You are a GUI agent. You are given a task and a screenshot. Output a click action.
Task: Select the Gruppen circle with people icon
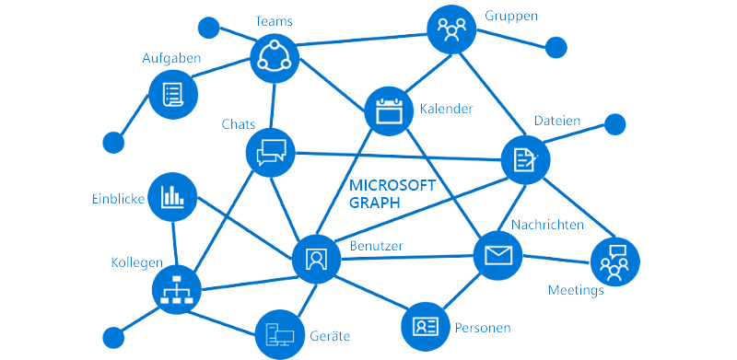pyautogui.click(x=451, y=29)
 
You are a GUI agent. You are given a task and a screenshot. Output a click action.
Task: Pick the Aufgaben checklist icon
pyautogui.click(x=173, y=94)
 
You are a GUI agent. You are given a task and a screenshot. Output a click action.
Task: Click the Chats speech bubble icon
pyautogui.click(x=271, y=151)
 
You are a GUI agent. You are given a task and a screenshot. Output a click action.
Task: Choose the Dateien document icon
pyautogui.click(x=525, y=160)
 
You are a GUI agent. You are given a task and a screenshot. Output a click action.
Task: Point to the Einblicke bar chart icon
pyautogui.click(x=172, y=196)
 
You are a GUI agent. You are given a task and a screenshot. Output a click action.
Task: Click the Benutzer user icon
pyautogui.click(x=316, y=258)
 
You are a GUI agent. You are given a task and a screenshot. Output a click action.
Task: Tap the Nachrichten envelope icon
pyautogui.click(x=497, y=255)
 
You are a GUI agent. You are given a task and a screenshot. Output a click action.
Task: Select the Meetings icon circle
pyautogui.click(x=614, y=261)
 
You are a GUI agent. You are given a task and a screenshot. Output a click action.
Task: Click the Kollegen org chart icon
pyautogui.click(x=175, y=290)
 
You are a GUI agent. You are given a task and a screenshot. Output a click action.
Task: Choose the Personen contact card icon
pyautogui.click(x=426, y=325)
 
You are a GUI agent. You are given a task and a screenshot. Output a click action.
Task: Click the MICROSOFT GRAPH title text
pyautogui.click(x=392, y=194)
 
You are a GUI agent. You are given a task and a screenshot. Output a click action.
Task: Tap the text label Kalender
pyautogui.click(x=446, y=109)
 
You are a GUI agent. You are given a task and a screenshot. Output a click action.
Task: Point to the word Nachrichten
pyautogui.click(x=546, y=226)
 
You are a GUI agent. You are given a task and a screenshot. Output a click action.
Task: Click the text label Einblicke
pyautogui.click(x=117, y=198)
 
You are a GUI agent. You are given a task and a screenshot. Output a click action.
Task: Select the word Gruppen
pyautogui.click(x=510, y=16)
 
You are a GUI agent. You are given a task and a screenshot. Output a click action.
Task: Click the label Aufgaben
pyautogui.click(x=171, y=58)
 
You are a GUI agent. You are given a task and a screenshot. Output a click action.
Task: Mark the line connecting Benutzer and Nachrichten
pyautogui.click(x=405, y=257)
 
